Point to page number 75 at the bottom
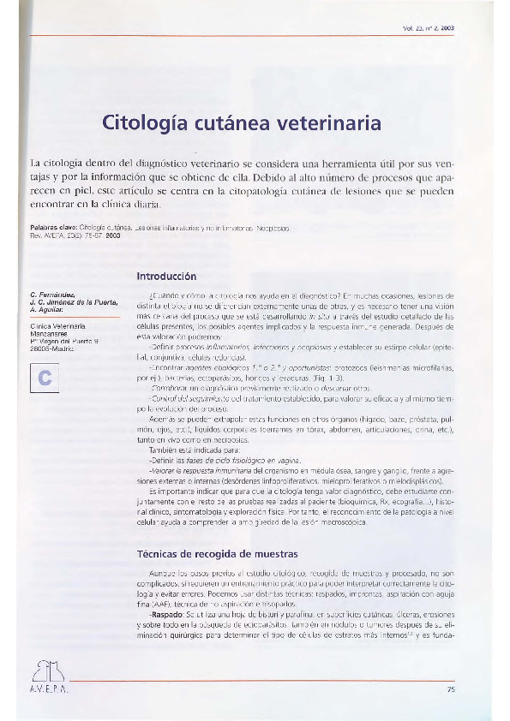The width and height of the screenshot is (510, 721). (x=451, y=689)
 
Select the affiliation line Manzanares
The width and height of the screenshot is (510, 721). (x=50, y=333)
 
